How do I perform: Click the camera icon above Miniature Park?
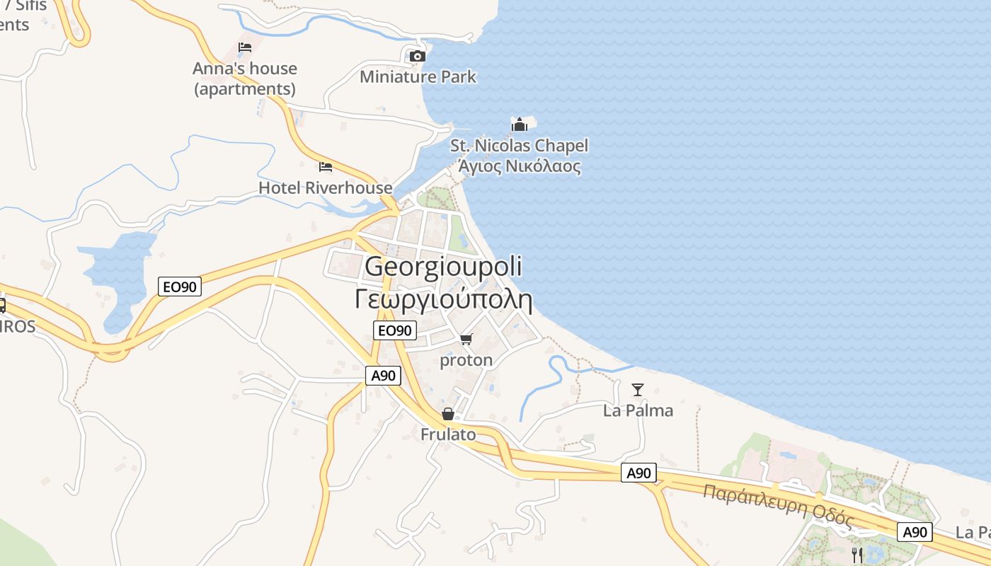[x=418, y=56]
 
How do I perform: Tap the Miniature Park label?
[x=418, y=76]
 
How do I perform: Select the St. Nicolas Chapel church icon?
[x=520, y=125]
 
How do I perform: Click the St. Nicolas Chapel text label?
[x=520, y=146]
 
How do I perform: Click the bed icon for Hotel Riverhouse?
[x=326, y=167]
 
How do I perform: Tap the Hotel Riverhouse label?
[x=325, y=187]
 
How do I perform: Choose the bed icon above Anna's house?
[x=245, y=47]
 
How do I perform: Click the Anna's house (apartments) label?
[x=245, y=79]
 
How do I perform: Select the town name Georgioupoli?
[x=443, y=267]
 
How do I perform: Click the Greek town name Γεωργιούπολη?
[x=443, y=299]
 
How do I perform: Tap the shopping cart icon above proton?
[x=466, y=340]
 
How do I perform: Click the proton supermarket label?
[x=466, y=360]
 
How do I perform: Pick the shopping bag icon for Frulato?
[x=448, y=414]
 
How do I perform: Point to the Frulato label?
[x=448, y=434]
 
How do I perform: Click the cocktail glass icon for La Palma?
[x=638, y=389]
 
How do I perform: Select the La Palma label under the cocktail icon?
[x=638, y=410]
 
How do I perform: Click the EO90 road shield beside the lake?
[x=180, y=287]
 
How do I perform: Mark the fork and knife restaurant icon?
[x=857, y=555]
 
